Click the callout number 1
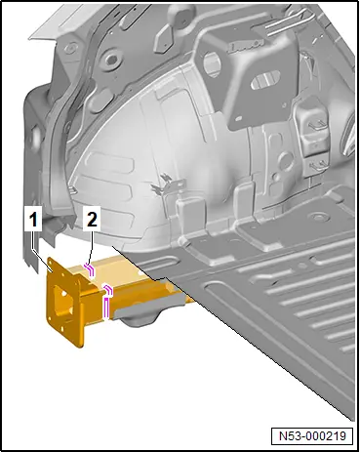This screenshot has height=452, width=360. [x=33, y=221]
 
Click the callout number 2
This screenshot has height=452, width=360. [x=92, y=221]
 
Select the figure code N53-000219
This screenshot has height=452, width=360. [x=312, y=435]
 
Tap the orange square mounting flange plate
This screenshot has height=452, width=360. [x=64, y=302]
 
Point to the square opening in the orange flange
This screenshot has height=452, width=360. [x=61, y=302]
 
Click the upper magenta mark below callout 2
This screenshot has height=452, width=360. [x=90, y=269]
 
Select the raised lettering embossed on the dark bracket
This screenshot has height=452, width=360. [x=246, y=47]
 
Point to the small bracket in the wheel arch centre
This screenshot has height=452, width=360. [x=169, y=185]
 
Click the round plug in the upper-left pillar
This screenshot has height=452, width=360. [x=111, y=59]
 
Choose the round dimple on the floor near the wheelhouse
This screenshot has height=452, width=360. [x=314, y=217]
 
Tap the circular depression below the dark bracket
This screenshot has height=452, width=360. [x=286, y=160]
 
